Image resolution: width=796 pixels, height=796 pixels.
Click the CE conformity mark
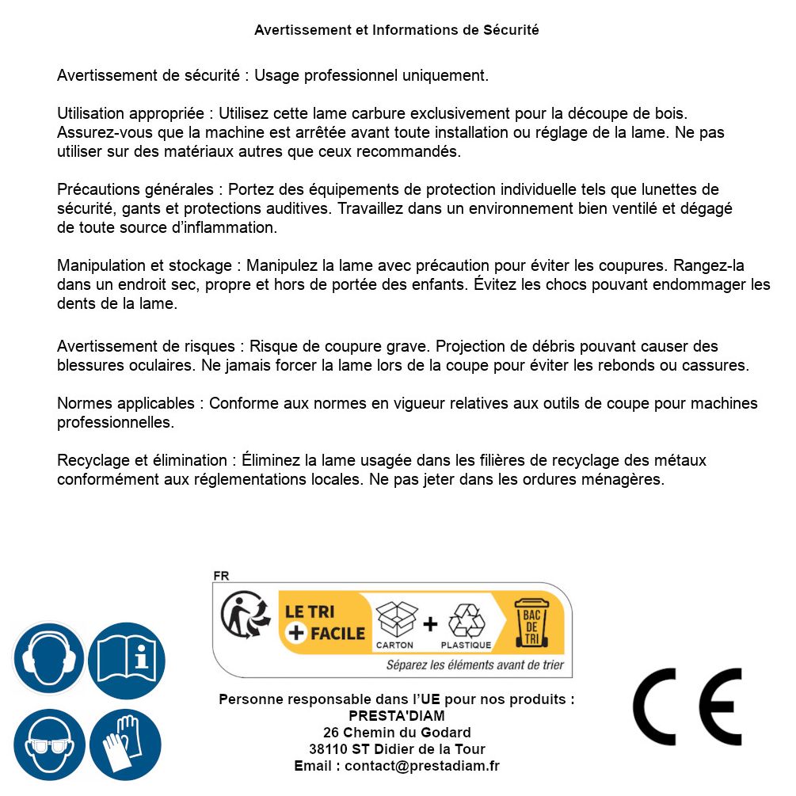tap(687, 706)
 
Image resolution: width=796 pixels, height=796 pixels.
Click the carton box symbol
tap(395, 619)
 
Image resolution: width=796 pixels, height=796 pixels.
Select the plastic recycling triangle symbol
tap(466, 621)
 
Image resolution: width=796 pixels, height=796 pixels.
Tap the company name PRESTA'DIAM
tap(397, 716)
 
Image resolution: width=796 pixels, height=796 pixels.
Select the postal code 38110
tap(326, 749)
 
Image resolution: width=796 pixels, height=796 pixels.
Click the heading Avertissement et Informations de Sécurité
tap(397, 30)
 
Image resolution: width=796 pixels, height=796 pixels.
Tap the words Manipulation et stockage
tap(143, 266)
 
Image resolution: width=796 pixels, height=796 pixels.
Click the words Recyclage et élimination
tap(141, 461)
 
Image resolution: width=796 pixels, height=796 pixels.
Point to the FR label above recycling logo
tap(222, 576)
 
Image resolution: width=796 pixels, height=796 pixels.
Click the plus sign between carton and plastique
tap(430, 624)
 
